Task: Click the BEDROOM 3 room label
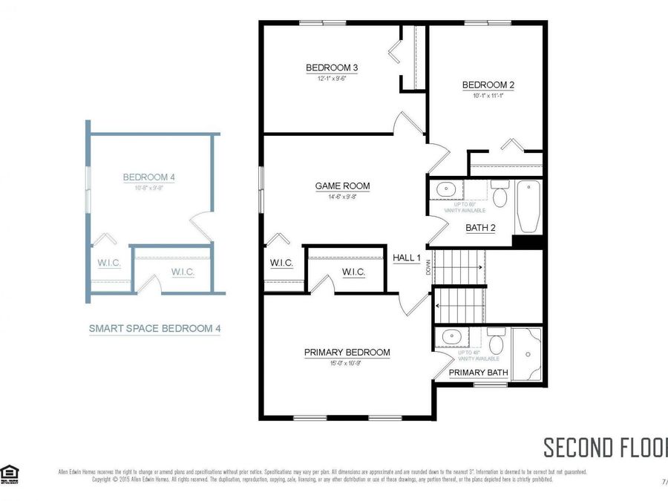point(332,68)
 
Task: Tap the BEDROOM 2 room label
point(488,85)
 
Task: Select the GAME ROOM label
point(342,186)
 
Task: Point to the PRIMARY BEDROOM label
point(347,353)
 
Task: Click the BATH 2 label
point(480,228)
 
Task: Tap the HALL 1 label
point(407,258)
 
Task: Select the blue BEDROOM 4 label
point(148,177)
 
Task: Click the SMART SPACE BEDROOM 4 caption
point(154,327)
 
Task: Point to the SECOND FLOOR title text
point(605,448)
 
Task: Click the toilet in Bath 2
point(499,197)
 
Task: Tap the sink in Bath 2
point(447,189)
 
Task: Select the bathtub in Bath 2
point(528,206)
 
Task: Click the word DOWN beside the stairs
point(429,266)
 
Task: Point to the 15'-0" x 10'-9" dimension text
point(347,364)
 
